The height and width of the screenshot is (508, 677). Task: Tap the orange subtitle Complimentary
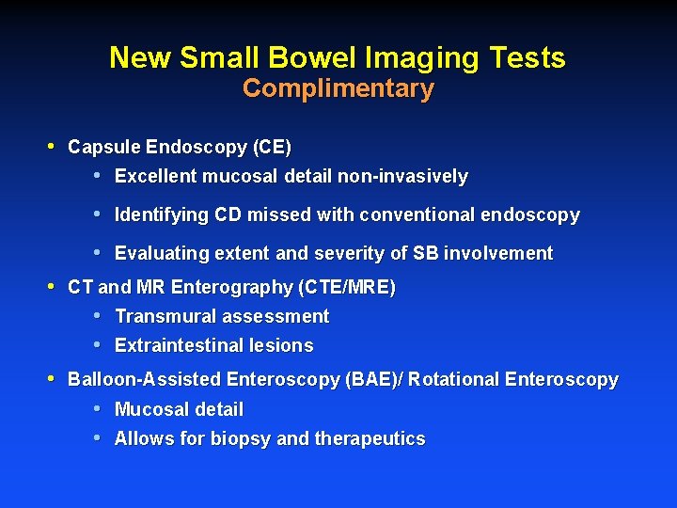tap(338, 89)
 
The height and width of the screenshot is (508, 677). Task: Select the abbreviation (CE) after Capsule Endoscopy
tap(272, 148)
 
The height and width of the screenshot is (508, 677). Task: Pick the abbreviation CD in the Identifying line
tap(228, 215)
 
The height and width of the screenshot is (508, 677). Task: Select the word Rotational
tap(454, 380)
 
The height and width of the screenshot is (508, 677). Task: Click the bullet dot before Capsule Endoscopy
tap(52, 147)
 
